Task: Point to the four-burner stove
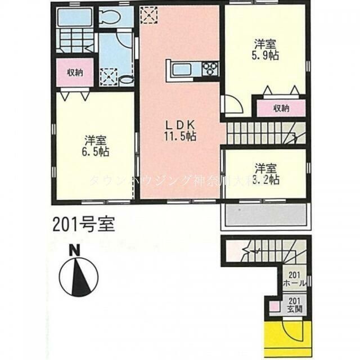point(210,69)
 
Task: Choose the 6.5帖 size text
point(96,151)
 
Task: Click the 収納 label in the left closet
point(76,73)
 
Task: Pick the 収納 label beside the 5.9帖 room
point(281,107)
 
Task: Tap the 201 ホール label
point(295,280)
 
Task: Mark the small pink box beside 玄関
point(273,307)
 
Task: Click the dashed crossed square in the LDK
point(149,13)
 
